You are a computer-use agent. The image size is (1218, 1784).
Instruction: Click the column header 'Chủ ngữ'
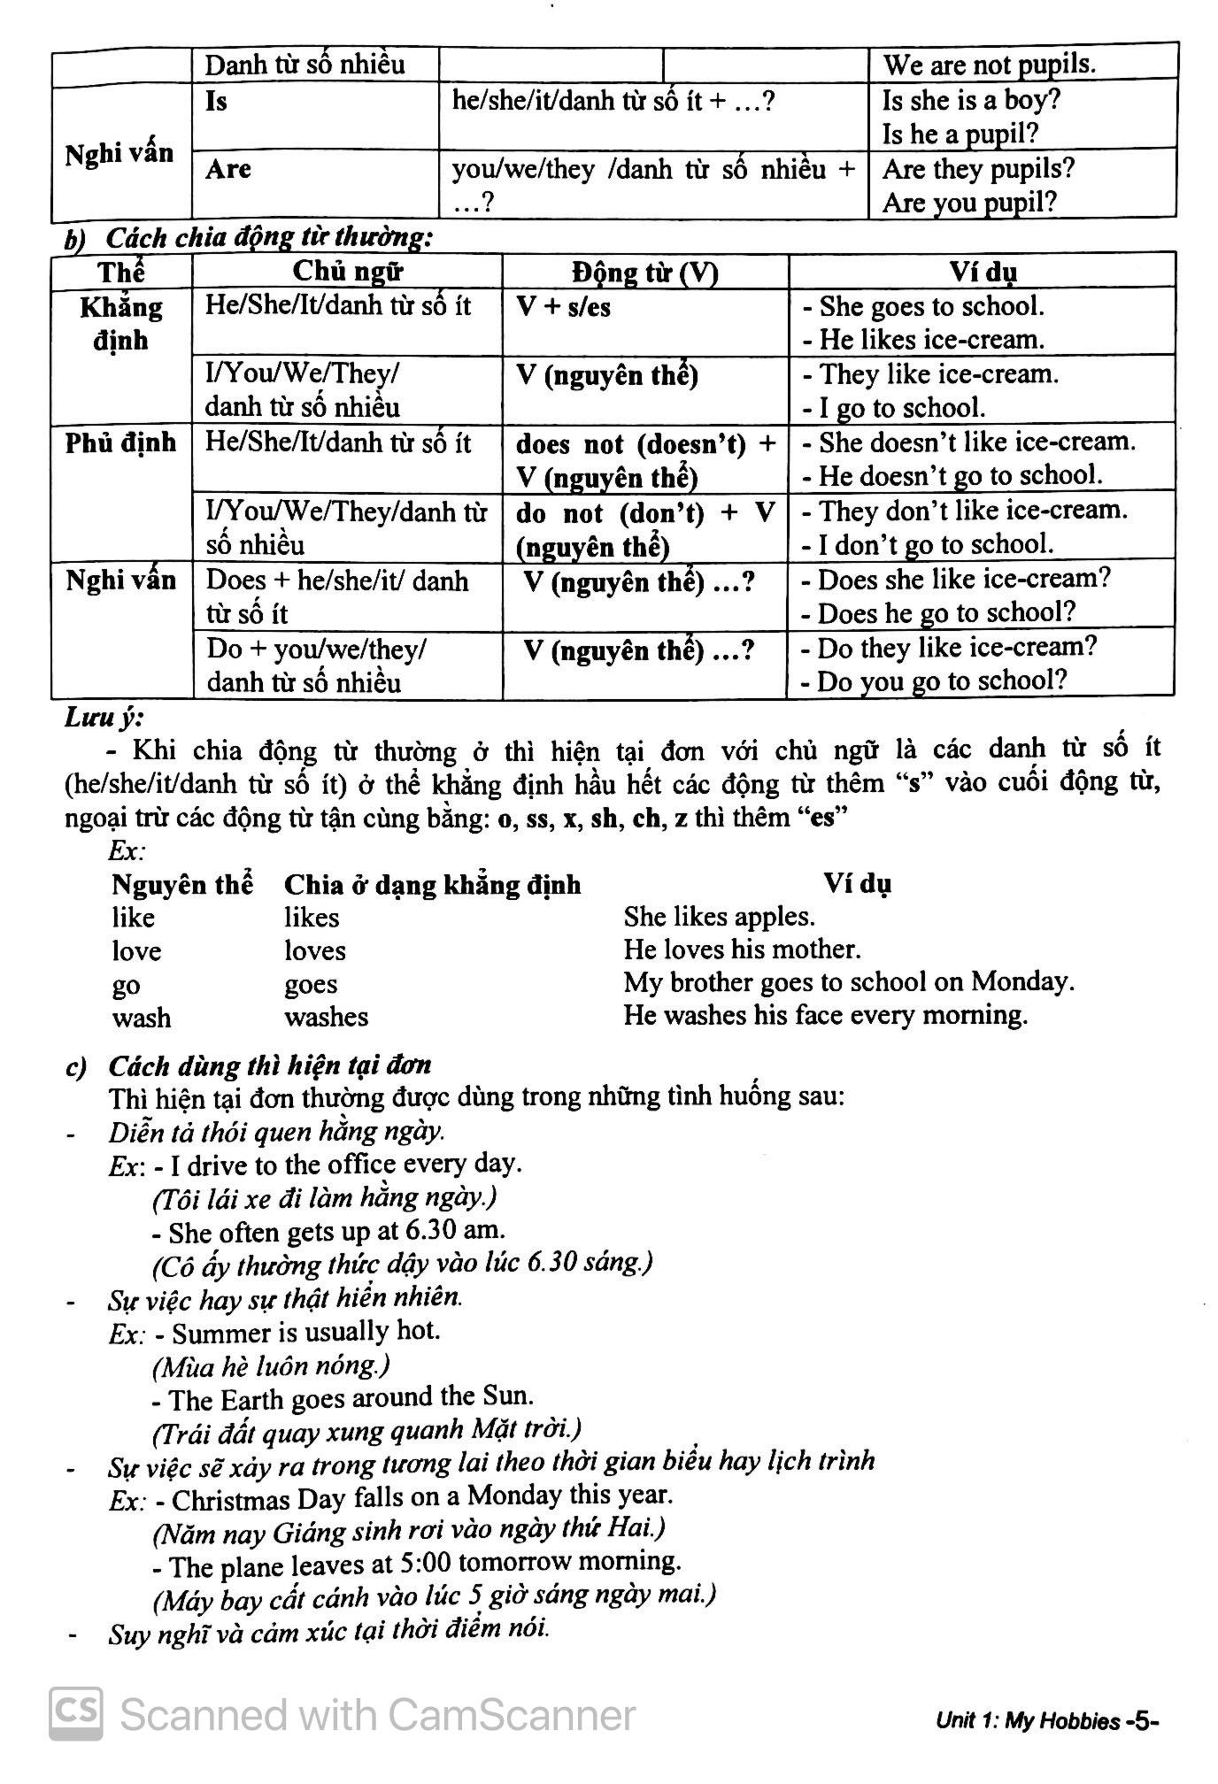(x=347, y=271)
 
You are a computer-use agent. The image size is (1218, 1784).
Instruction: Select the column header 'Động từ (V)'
(x=644, y=272)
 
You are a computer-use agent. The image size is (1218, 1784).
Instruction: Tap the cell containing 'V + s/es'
(x=563, y=308)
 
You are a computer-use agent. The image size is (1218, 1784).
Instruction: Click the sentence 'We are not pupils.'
(x=989, y=65)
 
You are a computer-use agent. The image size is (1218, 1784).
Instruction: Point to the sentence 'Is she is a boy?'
(x=971, y=100)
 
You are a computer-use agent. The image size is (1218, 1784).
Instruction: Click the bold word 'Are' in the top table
(x=228, y=168)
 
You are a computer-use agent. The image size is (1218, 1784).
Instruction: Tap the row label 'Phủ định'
(x=120, y=442)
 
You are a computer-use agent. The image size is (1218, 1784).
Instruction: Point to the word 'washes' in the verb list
(x=326, y=1017)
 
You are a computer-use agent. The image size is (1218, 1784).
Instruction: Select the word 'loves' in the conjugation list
(x=314, y=950)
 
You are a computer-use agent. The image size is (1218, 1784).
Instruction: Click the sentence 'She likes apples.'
(x=719, y=916)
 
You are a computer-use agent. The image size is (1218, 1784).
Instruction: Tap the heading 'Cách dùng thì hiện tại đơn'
(x=269, y=1065)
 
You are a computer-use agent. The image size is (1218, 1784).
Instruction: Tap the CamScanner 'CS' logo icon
(x=75, y=1714)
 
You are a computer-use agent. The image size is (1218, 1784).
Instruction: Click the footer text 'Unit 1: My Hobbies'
(x=1028, y=1721)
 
